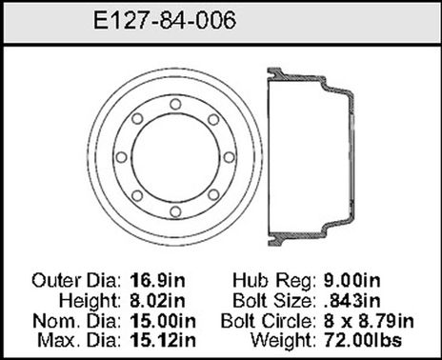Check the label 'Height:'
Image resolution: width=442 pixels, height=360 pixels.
click(90, 299)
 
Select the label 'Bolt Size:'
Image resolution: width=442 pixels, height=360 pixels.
click(275, 299)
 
